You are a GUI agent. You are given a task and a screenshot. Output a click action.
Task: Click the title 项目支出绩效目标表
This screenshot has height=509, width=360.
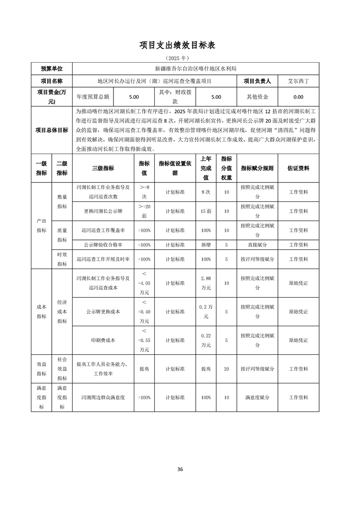180,45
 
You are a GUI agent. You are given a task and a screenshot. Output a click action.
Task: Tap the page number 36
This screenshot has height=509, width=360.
180,469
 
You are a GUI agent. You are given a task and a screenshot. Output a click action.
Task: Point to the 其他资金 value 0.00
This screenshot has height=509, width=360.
298,97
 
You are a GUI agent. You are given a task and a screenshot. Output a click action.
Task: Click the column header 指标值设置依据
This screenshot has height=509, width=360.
175,168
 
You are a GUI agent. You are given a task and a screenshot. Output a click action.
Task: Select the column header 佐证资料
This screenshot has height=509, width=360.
298,168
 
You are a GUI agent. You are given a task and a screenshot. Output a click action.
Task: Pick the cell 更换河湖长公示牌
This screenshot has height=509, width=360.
103,211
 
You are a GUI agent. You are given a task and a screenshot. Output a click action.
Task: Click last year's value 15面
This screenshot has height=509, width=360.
206,211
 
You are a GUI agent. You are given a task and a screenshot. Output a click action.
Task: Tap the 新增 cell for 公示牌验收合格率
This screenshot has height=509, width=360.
206,245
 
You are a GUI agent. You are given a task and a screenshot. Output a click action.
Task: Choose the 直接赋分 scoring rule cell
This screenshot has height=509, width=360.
257,245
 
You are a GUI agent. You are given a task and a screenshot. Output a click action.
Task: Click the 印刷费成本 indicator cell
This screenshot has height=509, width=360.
103,340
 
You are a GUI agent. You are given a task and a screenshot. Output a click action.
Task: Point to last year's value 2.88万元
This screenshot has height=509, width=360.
206,283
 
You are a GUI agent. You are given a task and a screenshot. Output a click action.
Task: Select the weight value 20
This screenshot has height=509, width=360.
226,369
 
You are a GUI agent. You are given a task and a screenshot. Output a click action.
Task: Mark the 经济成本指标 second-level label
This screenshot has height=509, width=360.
62,312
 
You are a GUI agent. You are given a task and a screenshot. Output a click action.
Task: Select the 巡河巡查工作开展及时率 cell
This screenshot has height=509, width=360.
103,259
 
